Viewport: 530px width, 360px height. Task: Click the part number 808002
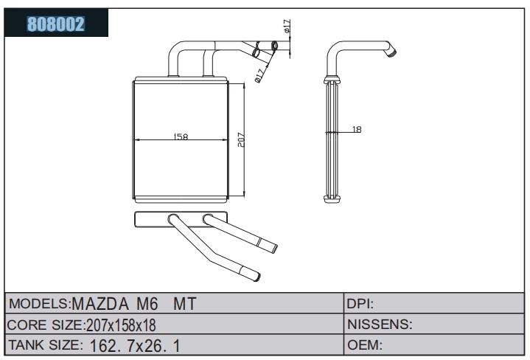56,24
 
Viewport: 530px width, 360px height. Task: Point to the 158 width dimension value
181,136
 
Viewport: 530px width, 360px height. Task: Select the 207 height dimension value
240,139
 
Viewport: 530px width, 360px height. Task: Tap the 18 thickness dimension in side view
357,129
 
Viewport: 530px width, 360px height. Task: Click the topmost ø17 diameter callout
287,27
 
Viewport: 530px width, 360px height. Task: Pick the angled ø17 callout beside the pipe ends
259,76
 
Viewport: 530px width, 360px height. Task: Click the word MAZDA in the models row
100,303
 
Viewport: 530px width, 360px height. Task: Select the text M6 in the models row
147,303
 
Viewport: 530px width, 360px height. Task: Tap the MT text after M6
184,303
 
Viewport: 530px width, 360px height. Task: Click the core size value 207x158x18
121,325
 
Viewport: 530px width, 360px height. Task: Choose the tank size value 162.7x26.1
135,346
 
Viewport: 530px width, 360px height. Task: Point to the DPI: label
360,304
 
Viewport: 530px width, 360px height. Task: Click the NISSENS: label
380,325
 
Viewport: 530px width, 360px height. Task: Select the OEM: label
365,345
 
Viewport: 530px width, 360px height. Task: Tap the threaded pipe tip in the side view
392,52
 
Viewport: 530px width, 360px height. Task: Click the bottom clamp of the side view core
332,199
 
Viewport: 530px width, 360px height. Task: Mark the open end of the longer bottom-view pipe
257,277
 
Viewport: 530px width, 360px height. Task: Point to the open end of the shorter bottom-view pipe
274,249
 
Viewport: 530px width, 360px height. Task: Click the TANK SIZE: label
45,345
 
